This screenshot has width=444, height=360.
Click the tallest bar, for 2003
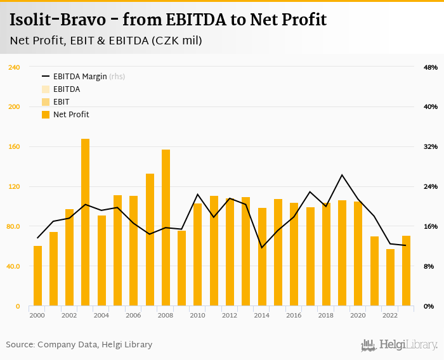point(85,222)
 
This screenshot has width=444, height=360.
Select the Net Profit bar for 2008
point(166,228)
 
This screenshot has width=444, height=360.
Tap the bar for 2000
point(37,276)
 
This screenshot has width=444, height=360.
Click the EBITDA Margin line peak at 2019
point(342,175)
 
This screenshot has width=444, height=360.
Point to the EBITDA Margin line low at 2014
point(262,247)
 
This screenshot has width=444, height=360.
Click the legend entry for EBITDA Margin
point(80,77)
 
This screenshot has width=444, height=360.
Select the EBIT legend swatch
point(46,102)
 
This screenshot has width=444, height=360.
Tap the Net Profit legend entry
point(70,115)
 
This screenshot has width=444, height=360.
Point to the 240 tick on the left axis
point(14,67)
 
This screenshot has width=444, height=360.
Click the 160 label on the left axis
point(14,146)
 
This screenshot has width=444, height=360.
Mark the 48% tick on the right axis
point(431,67)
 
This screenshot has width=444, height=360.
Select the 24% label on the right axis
point(431,186)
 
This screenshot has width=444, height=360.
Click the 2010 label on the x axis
point(198,315)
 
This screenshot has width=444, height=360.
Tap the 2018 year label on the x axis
point(326,315)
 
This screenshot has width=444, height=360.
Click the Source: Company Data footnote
point(79,345)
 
